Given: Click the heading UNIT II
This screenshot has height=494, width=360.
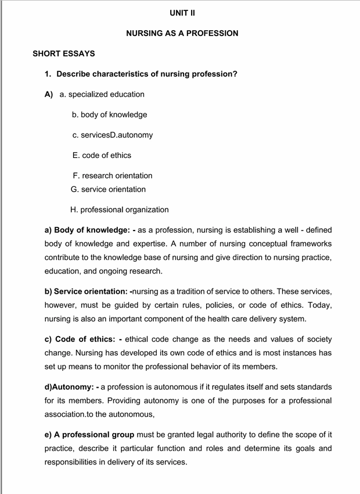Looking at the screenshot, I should tap(182, 13).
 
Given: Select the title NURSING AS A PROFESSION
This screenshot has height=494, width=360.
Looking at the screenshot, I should tap(182, 34).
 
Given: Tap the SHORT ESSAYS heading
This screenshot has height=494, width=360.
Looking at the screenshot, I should tap(64, 54).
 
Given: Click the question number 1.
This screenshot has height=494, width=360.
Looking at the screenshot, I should tap(49, 74).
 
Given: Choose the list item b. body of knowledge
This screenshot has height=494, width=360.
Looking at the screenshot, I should tap(110, 115).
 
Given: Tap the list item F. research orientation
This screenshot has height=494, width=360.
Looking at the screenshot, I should tap(113, 176).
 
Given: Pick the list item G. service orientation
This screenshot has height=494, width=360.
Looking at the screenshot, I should tap(108, 190).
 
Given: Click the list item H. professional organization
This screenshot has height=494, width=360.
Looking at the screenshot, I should tap(120, 210).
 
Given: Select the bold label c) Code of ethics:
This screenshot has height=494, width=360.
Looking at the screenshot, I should tap(83, 339).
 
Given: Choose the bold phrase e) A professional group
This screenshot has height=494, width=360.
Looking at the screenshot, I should tap(89, 435).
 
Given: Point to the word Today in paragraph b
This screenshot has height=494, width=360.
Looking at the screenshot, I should tap(318, 305).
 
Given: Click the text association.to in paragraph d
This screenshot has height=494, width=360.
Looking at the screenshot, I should tap(70, 414).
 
